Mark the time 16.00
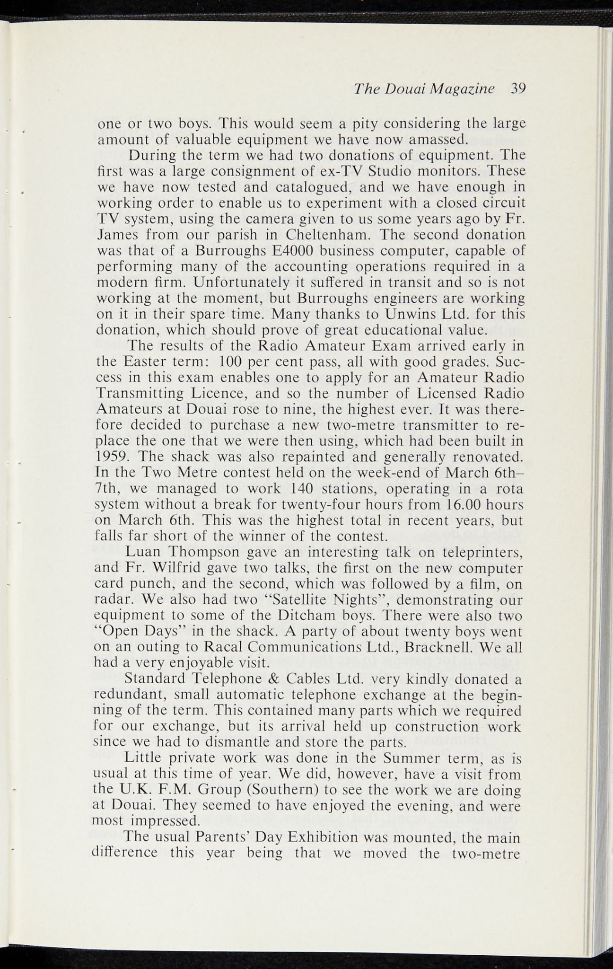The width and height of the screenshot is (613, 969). [x=451, y=504]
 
